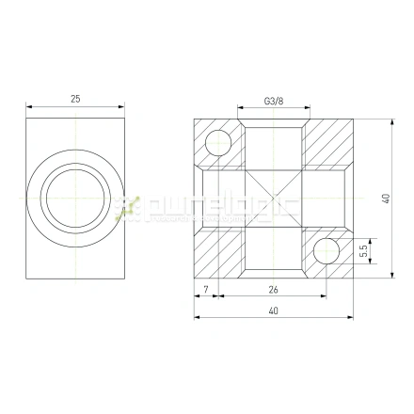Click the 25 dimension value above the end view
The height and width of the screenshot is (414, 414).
[75, 98]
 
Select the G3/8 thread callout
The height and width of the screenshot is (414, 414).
[274, 100]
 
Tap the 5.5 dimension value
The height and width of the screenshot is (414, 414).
[363, 251]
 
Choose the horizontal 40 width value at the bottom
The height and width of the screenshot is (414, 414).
[274, 310]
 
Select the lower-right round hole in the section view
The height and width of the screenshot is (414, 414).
[326, 251]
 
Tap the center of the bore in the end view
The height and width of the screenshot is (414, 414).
[75, 197]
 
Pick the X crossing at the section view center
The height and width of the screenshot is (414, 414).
[273, 198]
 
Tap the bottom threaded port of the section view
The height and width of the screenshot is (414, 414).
[273, 256]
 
